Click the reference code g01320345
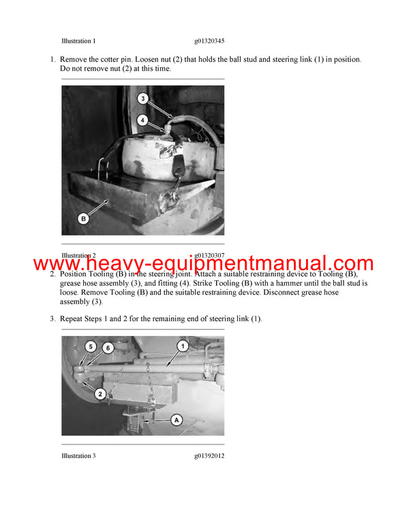pos(209,41)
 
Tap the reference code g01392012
pos(209,455)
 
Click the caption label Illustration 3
pos(78,455)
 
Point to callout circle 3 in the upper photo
pos(142,99)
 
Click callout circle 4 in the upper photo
pos(142,120)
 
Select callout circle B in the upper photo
pos(83,219)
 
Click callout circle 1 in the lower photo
pos(183,346)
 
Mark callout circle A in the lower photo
pos(176,420)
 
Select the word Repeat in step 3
pos(74,318)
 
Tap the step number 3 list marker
pos(52,318)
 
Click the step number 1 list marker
pos(52,60)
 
